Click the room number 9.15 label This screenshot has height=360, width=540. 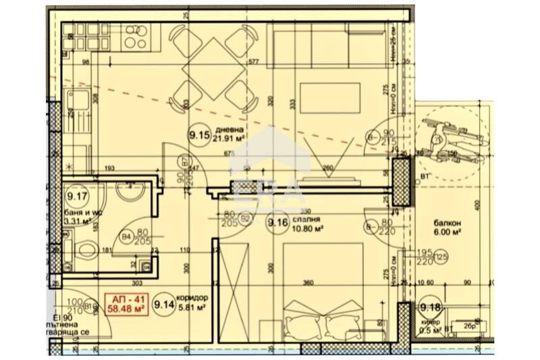click(x=200, y=136)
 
